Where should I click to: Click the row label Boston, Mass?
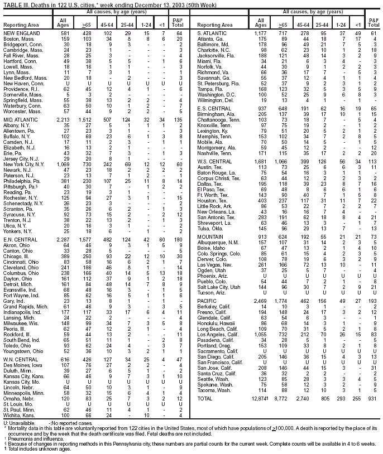click(x=17, y=38)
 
